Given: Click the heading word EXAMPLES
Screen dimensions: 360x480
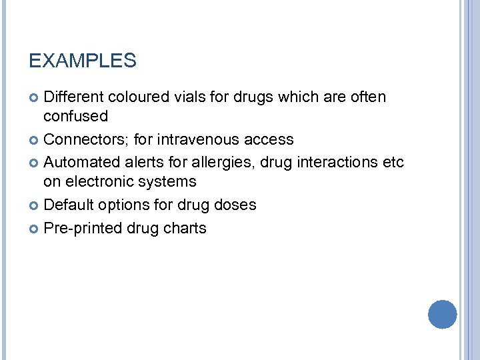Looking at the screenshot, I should click(83, 61).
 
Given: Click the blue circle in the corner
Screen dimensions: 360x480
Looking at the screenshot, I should click(442, 314).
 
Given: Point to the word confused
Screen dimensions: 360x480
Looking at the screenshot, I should click(75, 116).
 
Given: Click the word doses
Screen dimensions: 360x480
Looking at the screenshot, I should click(235, 205).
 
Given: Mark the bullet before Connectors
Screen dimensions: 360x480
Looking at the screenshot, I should click(35, 140).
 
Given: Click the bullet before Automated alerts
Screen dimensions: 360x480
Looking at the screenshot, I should click(35, 163).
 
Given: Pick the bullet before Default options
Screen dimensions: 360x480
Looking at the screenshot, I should click(35, 205).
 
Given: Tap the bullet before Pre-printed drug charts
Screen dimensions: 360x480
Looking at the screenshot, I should click(35, 229).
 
